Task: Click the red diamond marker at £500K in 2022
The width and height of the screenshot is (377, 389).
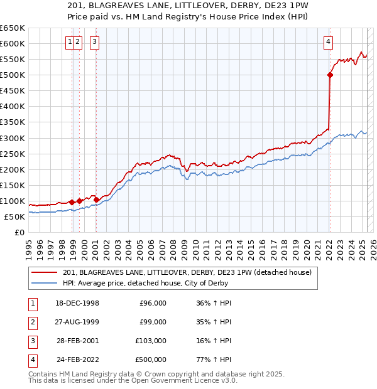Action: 330,75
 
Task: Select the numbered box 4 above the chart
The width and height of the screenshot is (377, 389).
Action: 328,43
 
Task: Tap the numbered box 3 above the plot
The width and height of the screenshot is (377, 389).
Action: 94,43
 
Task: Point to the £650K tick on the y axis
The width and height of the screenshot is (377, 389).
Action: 13,28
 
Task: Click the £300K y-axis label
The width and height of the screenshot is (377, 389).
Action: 13,138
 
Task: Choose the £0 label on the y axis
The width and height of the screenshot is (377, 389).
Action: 20,232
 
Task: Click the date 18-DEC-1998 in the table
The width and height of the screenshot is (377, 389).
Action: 77,303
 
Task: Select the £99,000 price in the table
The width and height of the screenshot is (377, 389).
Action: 152,322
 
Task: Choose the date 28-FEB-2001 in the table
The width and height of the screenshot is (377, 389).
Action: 77,341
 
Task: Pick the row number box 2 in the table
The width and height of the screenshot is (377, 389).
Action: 31,322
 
